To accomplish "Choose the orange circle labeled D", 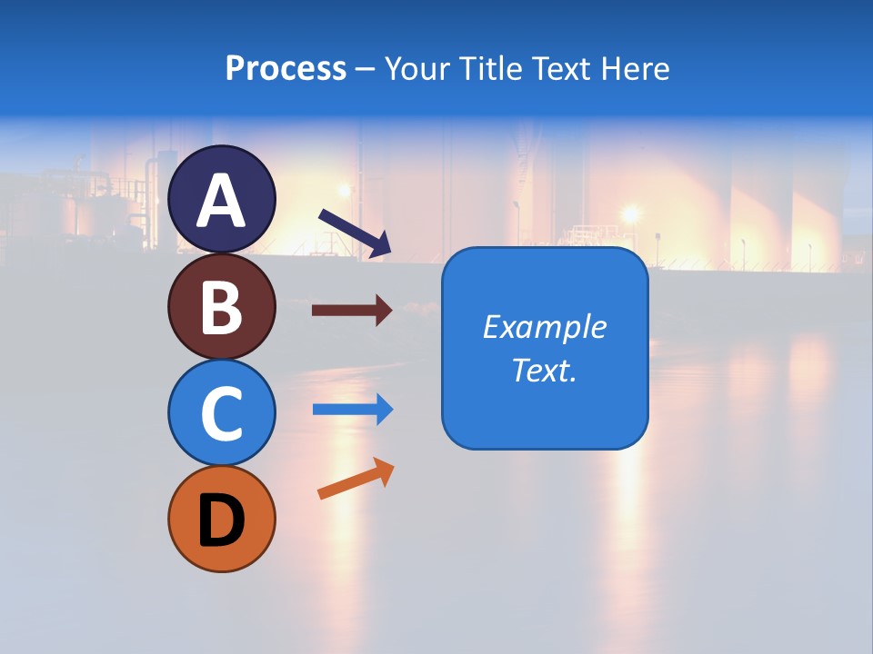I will click(222, 519).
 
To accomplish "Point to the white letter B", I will click(222, 307).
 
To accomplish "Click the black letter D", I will click(222, 521).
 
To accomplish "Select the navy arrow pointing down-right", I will click(354, 232).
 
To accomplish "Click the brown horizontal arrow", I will click(351, 311).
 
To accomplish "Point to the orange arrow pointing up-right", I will click(355, 479).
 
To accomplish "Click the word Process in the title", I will click(286, 68).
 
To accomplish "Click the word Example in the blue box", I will click(544, 327).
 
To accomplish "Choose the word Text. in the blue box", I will click(544, 370).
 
